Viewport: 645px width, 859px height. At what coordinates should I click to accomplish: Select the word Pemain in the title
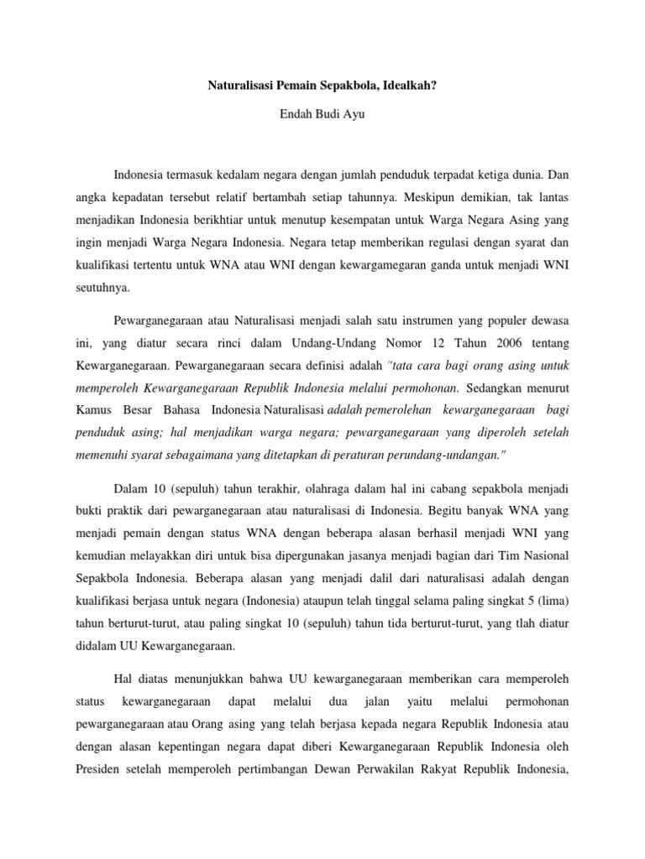coord(298,85)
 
